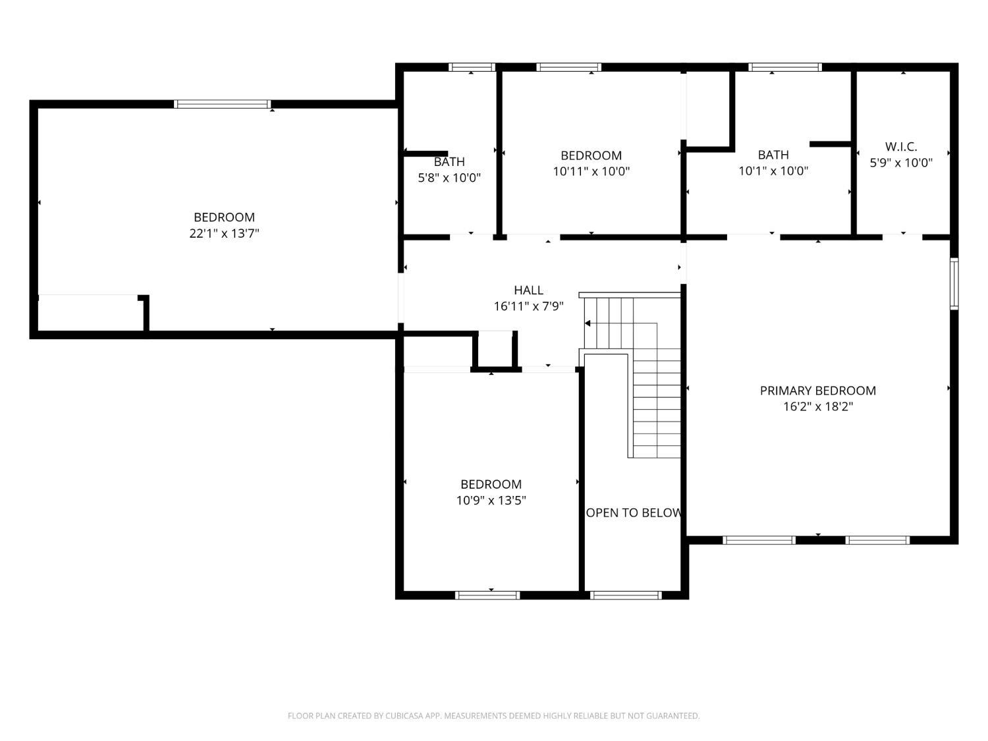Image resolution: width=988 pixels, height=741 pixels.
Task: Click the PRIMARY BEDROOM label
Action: point(817,391)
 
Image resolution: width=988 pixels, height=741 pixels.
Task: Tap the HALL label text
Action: point(528,290)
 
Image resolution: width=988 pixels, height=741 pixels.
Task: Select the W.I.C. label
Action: point(900,147)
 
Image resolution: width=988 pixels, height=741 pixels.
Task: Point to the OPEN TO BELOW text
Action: point(634,513)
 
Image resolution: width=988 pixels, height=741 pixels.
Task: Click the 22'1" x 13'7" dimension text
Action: point(224,234)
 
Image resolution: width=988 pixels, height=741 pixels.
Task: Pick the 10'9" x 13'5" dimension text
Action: point(491,501)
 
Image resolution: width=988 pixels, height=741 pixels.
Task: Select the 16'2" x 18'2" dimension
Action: point(818,406)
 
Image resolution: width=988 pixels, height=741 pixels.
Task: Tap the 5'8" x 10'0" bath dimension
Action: point(449,178)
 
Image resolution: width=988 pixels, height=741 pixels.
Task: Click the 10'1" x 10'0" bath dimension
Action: point(773,171)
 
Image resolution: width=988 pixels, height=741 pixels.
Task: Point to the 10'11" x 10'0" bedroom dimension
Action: point(591,171)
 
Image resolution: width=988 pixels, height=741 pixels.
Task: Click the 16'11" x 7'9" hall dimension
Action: point(528,306)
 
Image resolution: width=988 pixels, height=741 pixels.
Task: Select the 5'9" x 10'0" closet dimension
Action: point(900,163)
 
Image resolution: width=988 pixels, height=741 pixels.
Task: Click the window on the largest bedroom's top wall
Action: point(223,104)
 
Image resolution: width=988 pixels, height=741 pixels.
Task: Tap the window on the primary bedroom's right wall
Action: point(954,283)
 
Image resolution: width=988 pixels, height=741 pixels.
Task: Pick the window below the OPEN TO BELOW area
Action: point(626,595)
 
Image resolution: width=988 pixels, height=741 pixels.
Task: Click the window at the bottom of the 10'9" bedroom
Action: point(487,595)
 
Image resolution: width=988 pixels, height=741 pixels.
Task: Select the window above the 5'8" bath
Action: point(472,67)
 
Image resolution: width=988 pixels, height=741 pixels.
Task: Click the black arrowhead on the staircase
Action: point(588,323)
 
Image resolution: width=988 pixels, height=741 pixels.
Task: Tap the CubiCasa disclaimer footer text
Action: point(494,715)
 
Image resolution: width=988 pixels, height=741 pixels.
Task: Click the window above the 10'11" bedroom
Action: point(568,67)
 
